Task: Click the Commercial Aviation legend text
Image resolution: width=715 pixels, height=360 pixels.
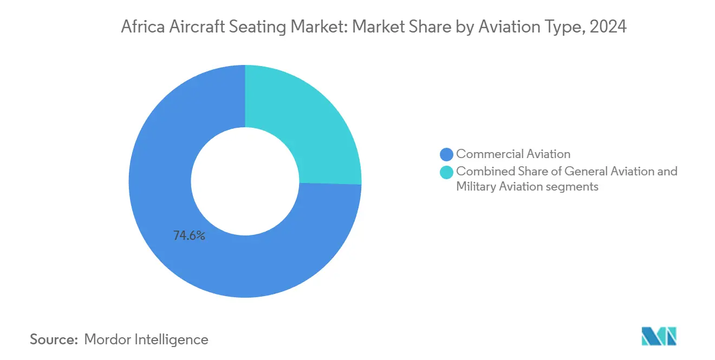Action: [513, 154]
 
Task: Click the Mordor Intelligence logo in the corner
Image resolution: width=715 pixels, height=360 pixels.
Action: [659, 337]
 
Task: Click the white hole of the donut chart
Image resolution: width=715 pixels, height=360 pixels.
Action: [245, 181]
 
